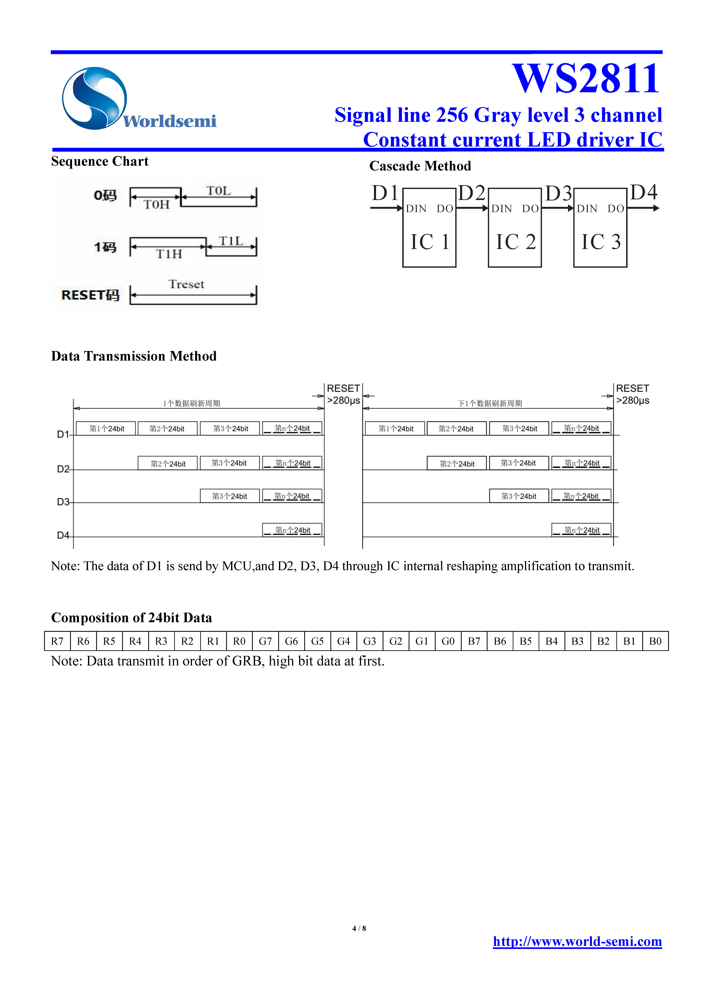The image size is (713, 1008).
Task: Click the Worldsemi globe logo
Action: pyautogui.click(x=94, y=98)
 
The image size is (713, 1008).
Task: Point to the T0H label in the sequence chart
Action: pyautogui.click(x=156, y=205)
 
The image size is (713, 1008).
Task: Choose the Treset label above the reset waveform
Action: pyautogui.click(x=186, y=284)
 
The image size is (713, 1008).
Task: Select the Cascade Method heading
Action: pyautogui.click(x=420, y=166)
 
